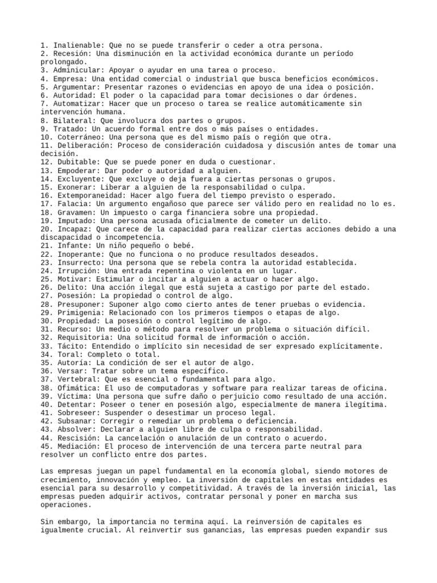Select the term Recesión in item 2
click(71, 54)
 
